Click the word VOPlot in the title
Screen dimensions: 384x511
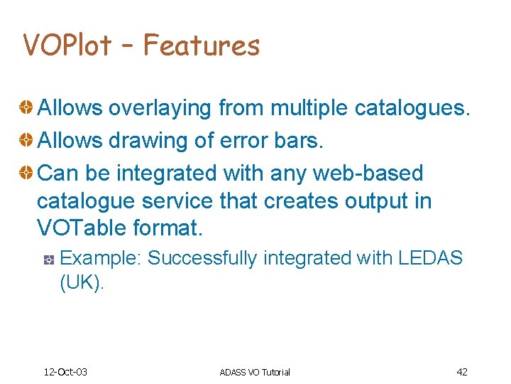click(x=67, y=46)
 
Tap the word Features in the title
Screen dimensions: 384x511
click(x=202, y=46)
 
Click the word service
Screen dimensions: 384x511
click(x=177, y=201)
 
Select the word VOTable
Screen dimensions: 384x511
click(x=81, y=229)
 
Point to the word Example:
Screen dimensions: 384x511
click(x=101, y=258)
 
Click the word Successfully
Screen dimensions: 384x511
click(x=202, y=258)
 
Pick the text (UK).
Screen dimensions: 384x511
click(x=82, y=282)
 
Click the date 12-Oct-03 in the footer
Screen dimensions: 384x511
click(x=65, y=372)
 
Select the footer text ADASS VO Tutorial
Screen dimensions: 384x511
click(x=255, y=372)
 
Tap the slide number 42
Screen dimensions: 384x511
click(x=461, y=371)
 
